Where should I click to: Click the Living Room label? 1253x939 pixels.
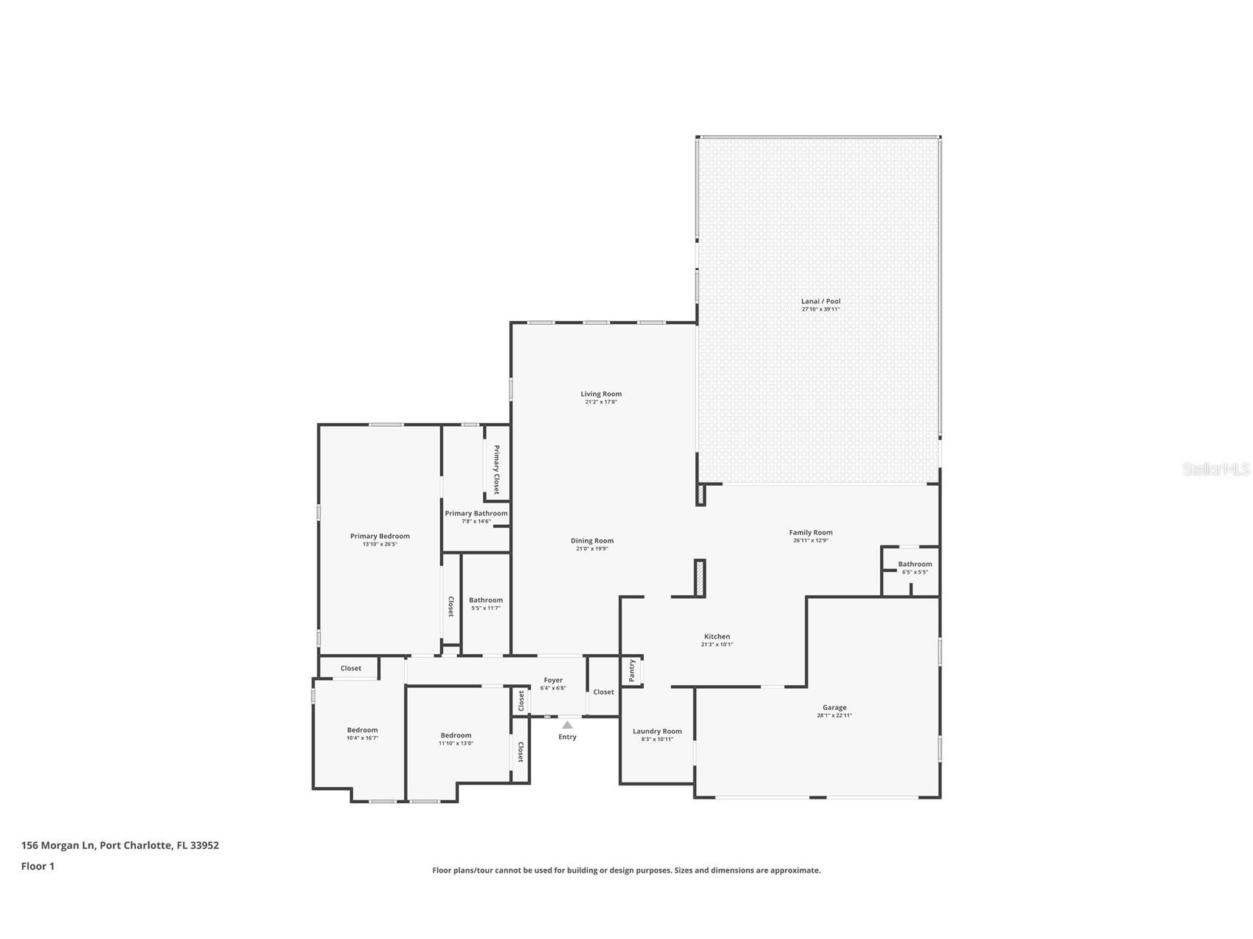click(x=600, y=394)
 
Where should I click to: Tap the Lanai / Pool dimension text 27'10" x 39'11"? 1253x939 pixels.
click(x=820, y=309)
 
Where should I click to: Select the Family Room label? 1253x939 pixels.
click(x=810, y=532)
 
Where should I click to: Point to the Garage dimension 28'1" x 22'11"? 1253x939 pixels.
click(x=834, y=715)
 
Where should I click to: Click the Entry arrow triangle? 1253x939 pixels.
click(x=567, y=725)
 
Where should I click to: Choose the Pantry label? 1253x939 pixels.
click(x=632, y=670)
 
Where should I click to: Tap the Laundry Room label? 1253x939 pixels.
click(x=656, y=732)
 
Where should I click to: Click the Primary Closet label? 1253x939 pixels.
click(x=496, y=469)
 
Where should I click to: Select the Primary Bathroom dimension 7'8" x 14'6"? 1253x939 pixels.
click(x=476, y=521)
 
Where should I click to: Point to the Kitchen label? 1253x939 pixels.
click(x=716, y=636)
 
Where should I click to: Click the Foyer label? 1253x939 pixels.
click(x=553, y=680)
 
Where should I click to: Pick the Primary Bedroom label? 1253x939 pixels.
click(x=380, y=536)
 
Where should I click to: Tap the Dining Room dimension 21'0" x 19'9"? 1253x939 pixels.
click(x=591, y=548)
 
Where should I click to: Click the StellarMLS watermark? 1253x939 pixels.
click(x=1215, y=469)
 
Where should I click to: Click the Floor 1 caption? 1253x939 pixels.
click(x=38, y=866)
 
